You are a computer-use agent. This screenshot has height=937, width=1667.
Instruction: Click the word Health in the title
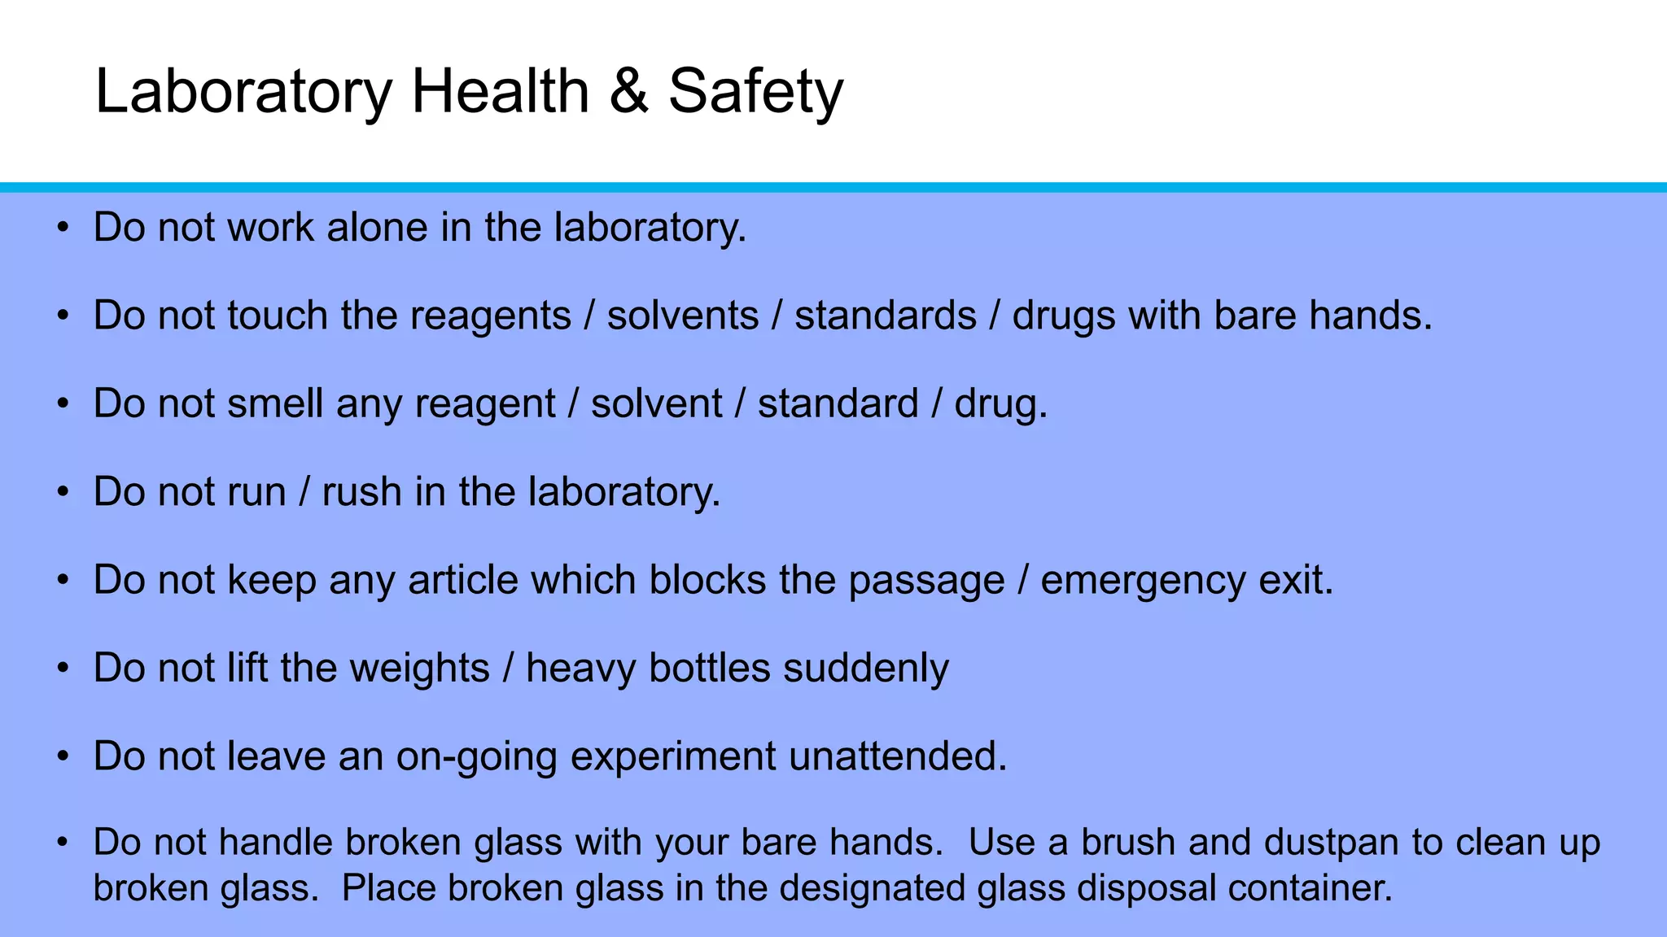click(500, 91)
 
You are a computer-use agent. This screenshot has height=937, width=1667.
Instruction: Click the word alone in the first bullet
click(377, 227)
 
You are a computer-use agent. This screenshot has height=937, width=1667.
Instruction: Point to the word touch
click(277, 316)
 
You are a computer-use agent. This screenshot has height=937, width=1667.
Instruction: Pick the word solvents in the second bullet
click(682, 316)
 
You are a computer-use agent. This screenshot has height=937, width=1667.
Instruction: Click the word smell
click(275, 403)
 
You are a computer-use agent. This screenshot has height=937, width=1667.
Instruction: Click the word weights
click(419, 669)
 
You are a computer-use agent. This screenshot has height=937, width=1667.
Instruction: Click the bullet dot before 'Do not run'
click(63, 493)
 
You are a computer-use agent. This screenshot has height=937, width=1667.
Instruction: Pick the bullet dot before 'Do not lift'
click(63, 669)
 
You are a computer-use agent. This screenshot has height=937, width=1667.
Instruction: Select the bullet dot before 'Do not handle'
click(63, 843)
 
